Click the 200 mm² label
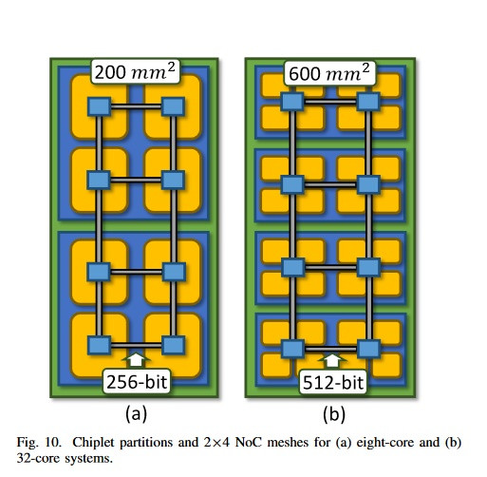[x=135, y=72]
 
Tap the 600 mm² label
[x=329, y=73]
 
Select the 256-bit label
[x=137, y=381]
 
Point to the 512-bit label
[x=333, y=382]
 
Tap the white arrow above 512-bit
[x=332, y=361]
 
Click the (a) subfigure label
[x=136, y=414]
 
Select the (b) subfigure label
[x=334, y=414]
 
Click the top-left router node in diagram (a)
[x=99, y=106]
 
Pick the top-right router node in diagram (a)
[x=173, y=106]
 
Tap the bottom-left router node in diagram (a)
[x=99, y=345]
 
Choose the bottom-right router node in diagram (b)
[x=368, y=349]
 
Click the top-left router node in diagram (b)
[x=292, y=102]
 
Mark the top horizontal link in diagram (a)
[x=136, y=106]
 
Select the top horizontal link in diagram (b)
[x=330, y=102]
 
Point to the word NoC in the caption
[x=248, y=442]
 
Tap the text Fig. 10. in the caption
[x=39, y=443]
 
